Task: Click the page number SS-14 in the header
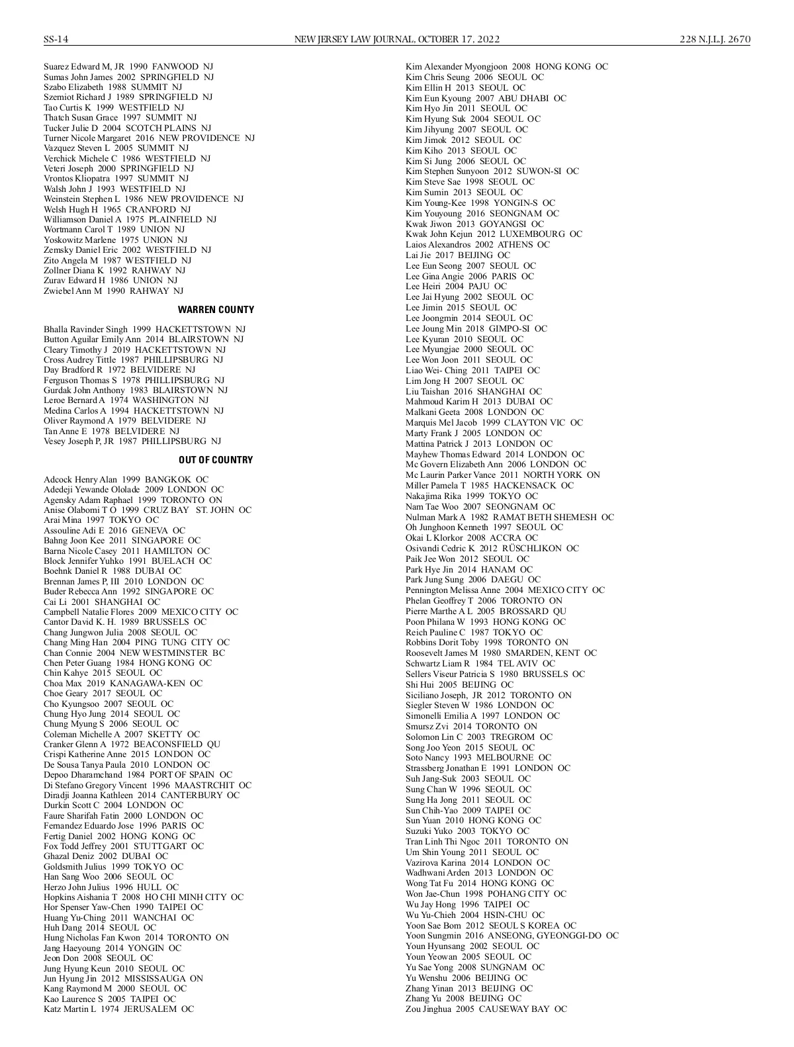[56, 39]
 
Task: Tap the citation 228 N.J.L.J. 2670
[715, 39]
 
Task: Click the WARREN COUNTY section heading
[216, 310]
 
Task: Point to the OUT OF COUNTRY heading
[216, 460]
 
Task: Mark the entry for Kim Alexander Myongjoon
[506, 67]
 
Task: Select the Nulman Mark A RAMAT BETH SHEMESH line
[509, 517]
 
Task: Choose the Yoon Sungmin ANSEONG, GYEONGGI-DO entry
[511, 935]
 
